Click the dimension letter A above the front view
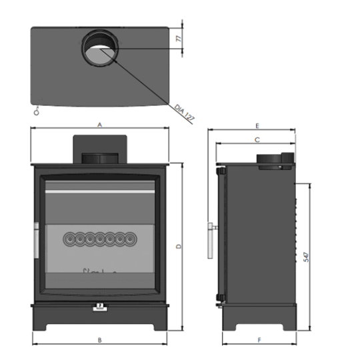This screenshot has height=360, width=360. click(99, 125)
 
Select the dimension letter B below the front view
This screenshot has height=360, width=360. click(99, 340)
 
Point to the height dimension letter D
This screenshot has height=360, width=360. click(178, 247)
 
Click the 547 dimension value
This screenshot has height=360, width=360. click(305, 256)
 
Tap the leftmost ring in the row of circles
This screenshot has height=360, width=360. click(69, 239)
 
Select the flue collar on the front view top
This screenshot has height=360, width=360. click(99, 158)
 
